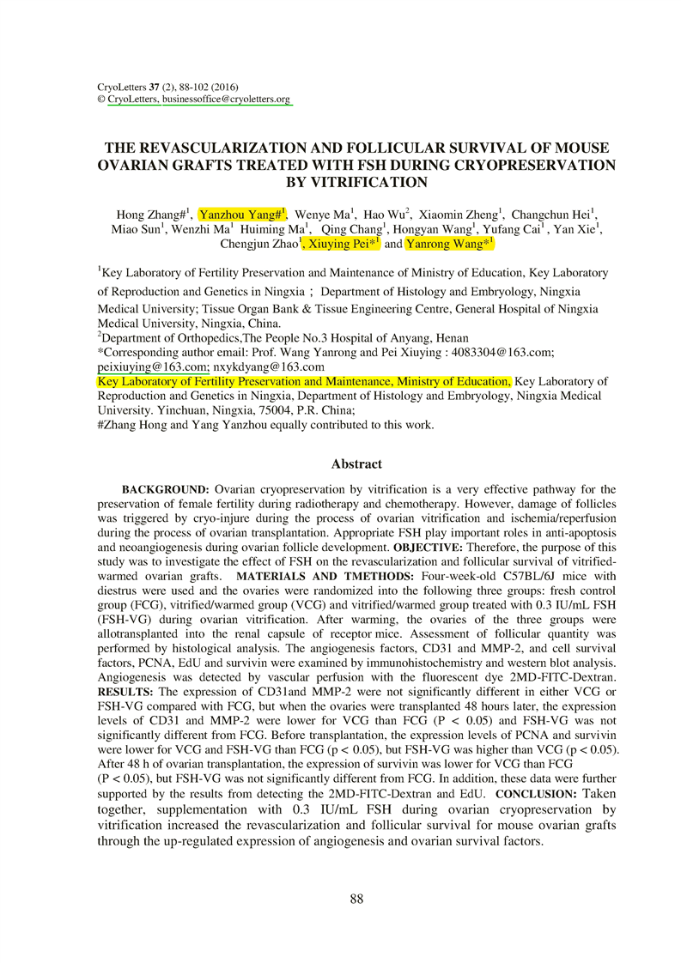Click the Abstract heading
tap(356, 463)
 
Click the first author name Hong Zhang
tap(142, 215)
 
